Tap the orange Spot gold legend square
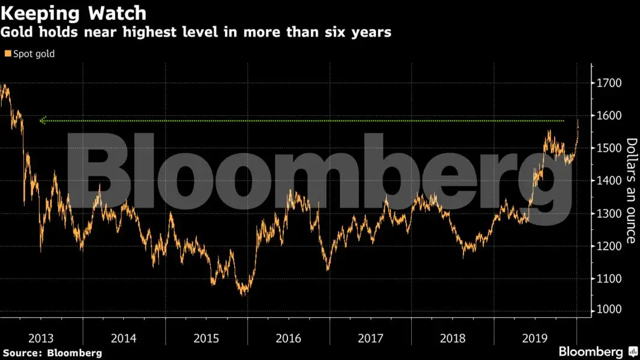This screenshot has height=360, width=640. [x=7, y=54]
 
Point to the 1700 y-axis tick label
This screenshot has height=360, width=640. [x=609, y=83]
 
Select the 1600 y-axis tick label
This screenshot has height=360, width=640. [x=609, y=115]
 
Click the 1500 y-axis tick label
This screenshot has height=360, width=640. [x=609, y=148]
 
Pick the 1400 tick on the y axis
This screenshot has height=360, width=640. [x=609, y=181]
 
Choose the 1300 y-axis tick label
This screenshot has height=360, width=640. [x=609, y=214]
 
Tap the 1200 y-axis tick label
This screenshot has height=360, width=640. [x=609, y=246]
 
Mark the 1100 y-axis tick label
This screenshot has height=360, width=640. [x=609, y=278]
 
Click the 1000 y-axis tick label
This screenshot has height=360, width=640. [x=609, y=310]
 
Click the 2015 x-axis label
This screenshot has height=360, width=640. [x=205, y=338]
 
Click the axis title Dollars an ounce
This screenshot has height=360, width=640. [x=631, y=191]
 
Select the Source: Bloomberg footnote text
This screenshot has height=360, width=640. [x=52, y=353]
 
